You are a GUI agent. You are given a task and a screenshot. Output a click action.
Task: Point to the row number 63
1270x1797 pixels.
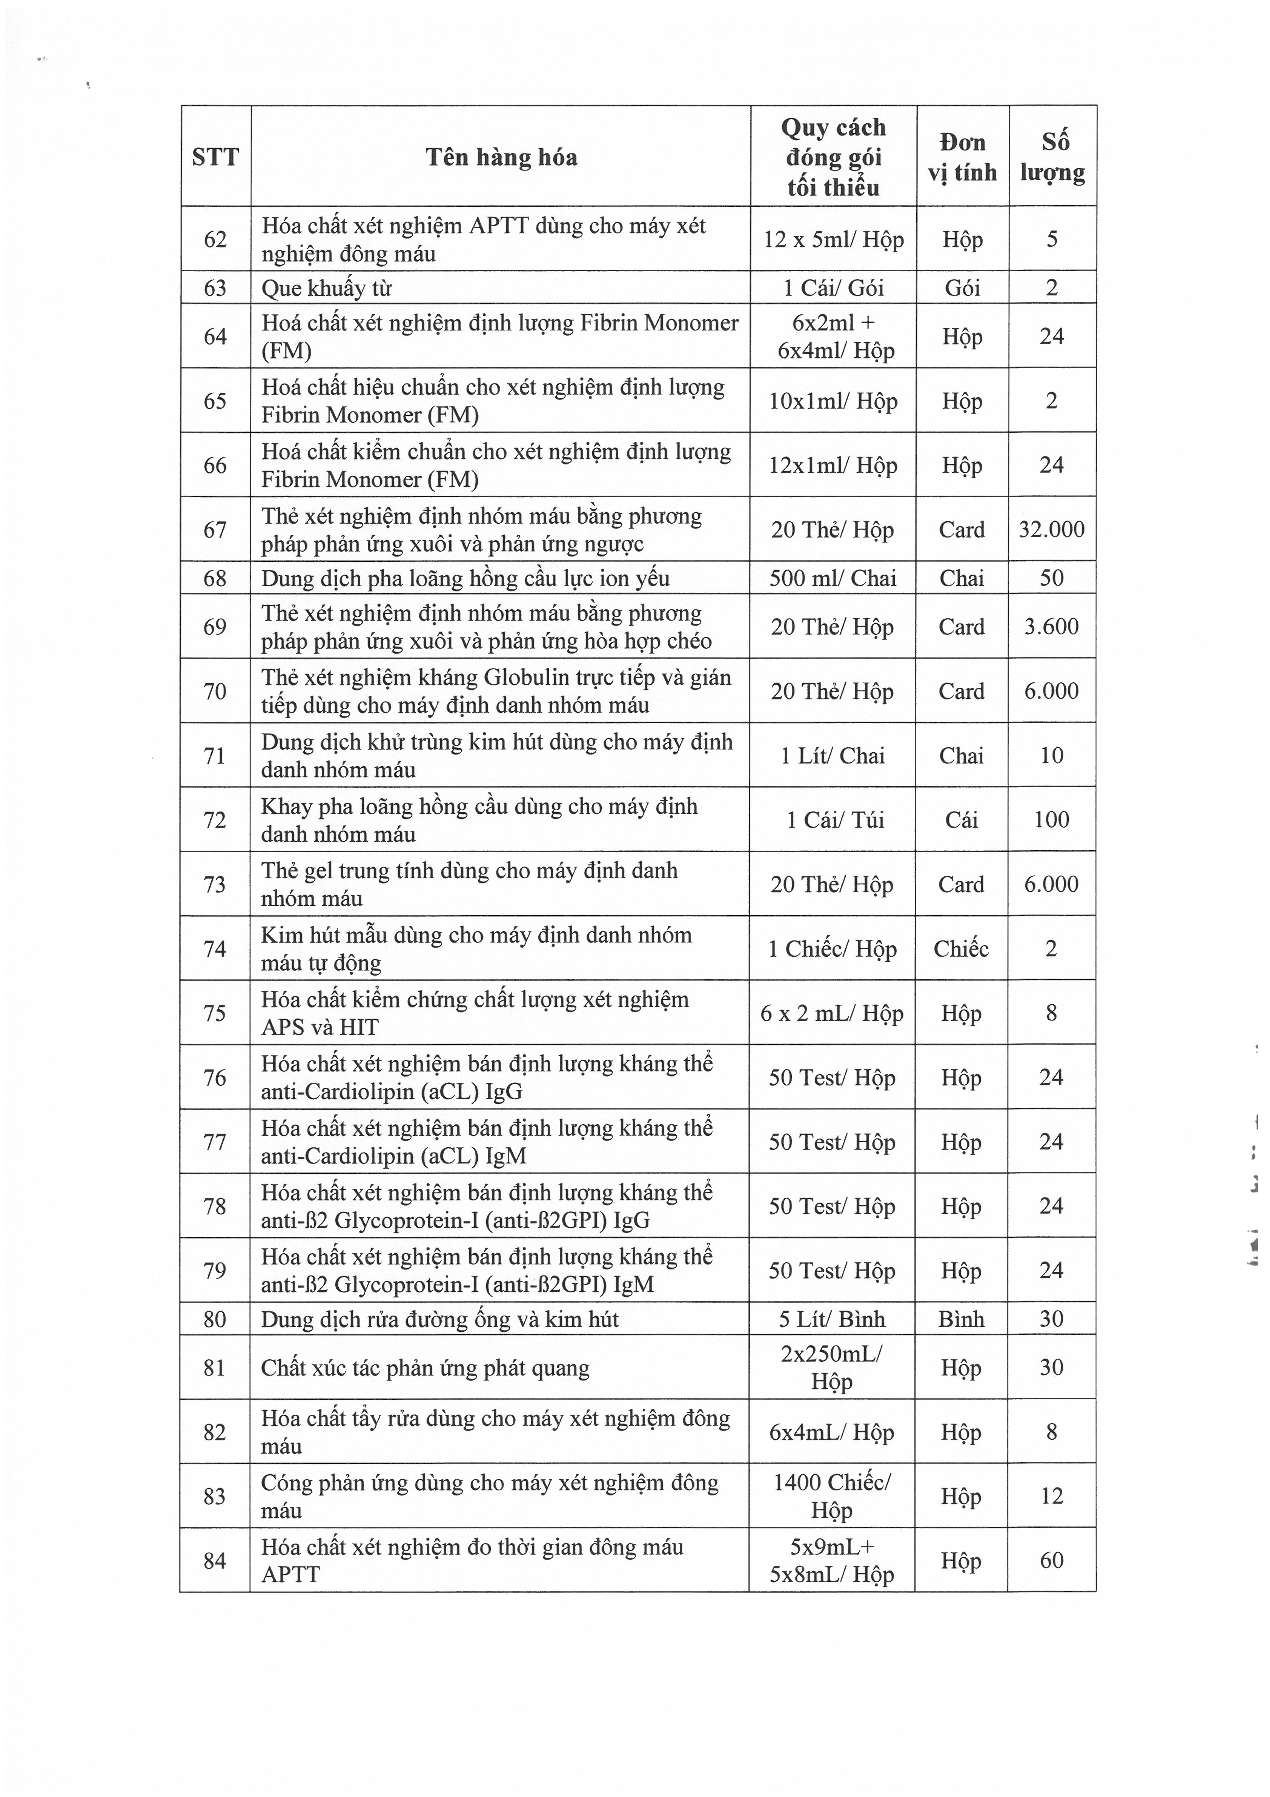click(215, 288)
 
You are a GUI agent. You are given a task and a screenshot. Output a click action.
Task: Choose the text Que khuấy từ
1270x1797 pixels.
click(326, 288)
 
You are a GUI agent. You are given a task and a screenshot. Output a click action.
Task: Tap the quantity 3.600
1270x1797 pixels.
click(1052, 626)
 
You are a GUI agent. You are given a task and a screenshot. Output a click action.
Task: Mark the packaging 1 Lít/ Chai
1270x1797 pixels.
click(833, 755)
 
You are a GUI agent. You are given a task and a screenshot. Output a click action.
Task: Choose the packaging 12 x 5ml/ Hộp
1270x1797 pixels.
click(833, 239)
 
